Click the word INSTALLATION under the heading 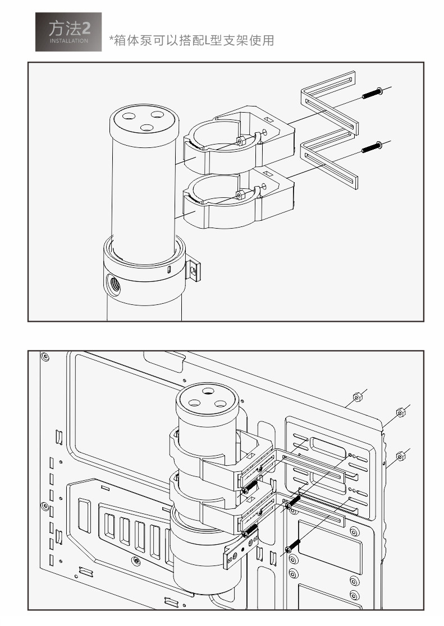click(x=68, y=41)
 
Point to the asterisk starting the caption click(x=112, y=39)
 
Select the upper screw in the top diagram click(x=372, y=93)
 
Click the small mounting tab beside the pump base click(x=193, y=269)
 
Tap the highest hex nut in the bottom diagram click(x=356, y=398)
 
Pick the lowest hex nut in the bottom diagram click(x=400, y=454)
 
